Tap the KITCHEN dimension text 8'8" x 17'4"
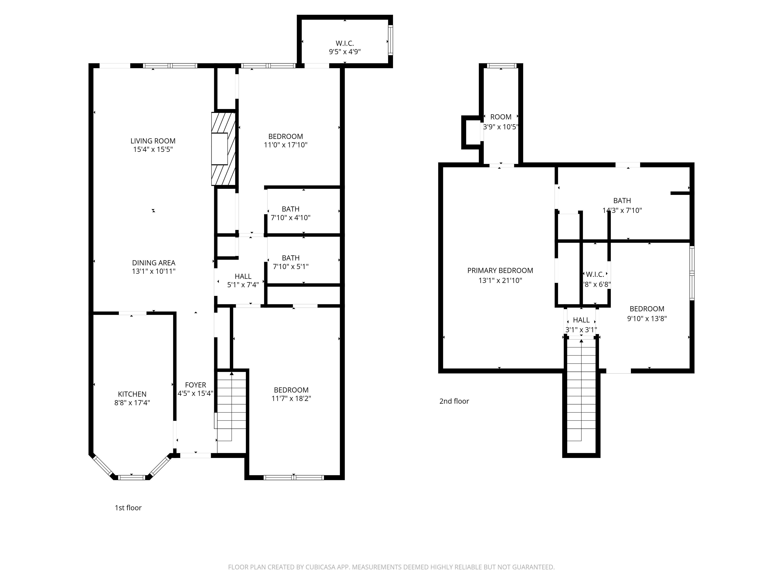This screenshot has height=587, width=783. [x=132, y=403]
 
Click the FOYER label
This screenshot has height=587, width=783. [x=195, y=385]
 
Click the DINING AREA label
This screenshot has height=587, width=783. [x=154, y=263]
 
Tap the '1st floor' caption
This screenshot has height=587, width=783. [x=128, y=508]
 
